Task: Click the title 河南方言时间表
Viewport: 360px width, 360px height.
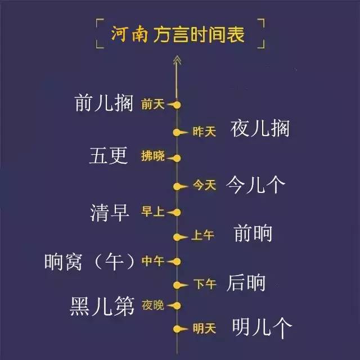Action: click(x=179, y=35)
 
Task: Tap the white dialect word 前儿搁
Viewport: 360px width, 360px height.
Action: click(x=104, y=103)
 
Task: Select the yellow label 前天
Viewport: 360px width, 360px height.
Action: click(x=152, y=104)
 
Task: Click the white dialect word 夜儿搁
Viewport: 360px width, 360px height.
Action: click(x=260, y=129)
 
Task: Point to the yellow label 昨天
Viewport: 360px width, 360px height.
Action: click(x=204, y=131)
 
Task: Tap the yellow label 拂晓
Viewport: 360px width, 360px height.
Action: click(x=152, y=157)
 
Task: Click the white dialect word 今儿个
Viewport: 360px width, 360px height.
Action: click(x=256, y=183)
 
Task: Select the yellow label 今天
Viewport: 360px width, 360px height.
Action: click(x=204, y=185)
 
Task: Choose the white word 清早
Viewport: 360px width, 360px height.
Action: click(x=110, y=212)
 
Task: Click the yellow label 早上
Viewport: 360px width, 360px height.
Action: click(x=152, y=212)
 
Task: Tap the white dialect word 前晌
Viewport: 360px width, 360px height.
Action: click(x=252, y=233)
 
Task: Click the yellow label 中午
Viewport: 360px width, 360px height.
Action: click(x=152, y=261)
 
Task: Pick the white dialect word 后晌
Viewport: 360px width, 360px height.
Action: click(x=246, y=283)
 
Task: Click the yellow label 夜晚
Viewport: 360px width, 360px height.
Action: click(x=152, y=305)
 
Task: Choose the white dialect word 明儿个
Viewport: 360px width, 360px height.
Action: click(x=262, y=327)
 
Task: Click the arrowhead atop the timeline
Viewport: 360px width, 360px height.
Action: click(x=177, y=60)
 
